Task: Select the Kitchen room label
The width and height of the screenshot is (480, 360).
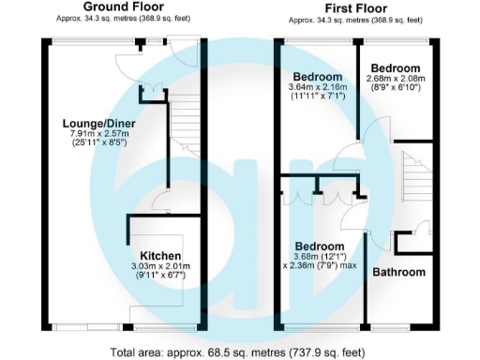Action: coord(160,255)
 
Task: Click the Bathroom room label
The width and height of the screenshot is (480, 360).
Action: coord(399,272)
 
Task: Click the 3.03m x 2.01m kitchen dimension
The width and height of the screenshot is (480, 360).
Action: coord(160,266)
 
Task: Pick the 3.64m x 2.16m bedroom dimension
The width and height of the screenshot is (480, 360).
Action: coord(318,88)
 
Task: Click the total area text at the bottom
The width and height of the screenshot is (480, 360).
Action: coord(239,352)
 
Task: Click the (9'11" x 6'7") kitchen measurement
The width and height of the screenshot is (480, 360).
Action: coord(160,277)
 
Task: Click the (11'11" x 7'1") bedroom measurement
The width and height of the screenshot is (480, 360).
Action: coord(318,97)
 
